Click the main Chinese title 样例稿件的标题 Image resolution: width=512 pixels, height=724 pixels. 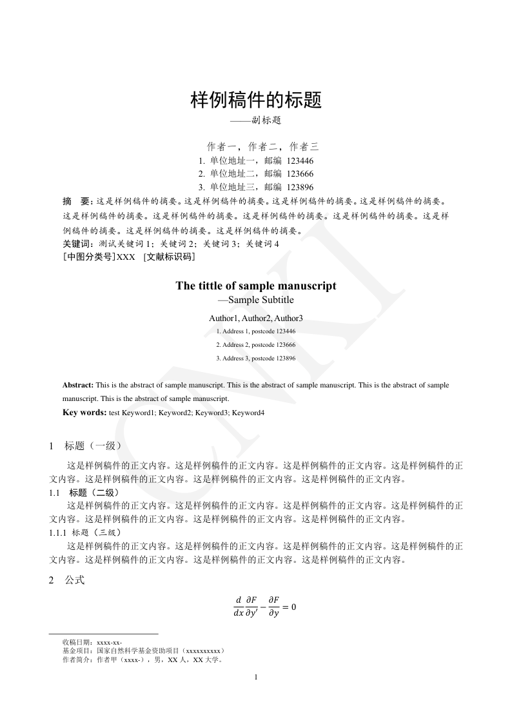point(256,100)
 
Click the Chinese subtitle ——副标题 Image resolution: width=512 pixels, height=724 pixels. point(256,121)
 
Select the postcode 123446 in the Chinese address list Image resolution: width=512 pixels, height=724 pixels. point(300,161)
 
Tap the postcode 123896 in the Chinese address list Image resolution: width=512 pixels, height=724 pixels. point(300,187)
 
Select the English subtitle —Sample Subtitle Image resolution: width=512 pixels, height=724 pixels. point(256,300)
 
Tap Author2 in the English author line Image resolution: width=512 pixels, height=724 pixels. point(256,318)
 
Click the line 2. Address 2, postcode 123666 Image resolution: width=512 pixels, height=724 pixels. point(256,345)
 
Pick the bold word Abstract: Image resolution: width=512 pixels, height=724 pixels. point(78,385)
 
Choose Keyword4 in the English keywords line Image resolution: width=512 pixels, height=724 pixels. point(248,413)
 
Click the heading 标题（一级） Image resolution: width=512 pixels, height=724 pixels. point(93,445)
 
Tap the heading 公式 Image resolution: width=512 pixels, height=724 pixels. point(74,580)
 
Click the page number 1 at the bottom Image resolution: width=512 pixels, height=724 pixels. point(256,677)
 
